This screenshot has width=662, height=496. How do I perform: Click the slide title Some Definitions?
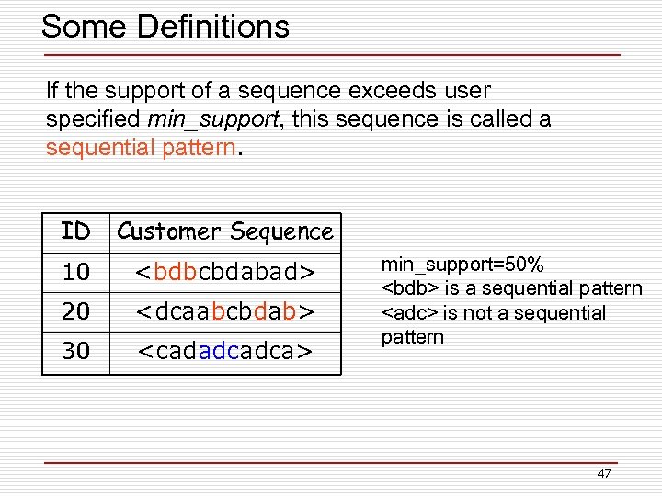pyautogui.click(x=165, y=27)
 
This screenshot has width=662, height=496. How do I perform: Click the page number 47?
pyautogui.click(x=603, y=473)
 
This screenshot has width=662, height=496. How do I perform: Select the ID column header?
pyautogui.click(x=75, y=231)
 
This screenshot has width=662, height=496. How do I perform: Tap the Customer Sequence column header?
pyautogui.click(x=225, y=231)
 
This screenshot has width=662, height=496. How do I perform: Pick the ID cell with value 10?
pyautogui.click(x=75, y=272)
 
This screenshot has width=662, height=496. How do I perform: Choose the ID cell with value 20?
pyautogui.click(x=75, y=311)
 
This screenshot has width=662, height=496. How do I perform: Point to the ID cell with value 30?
pyautogui.click(x=75, y=351)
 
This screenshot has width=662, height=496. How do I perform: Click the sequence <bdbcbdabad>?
pyautogui.click(x=225, y=272)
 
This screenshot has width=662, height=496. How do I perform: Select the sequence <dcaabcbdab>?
pyautogui.click(x=225, y=311)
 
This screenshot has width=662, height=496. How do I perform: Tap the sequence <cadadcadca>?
pyautogui.click(x=225, y=351)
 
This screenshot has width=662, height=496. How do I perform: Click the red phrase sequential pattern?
pyautogui.click(x=141, y=148)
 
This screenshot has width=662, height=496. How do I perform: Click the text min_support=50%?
pyautogui.click(x=450, y=265)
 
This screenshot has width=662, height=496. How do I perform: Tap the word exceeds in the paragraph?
pyautogui.click(x=384, y=91)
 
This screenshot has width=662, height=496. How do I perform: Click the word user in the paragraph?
pyautogui.click(x=468, y=91)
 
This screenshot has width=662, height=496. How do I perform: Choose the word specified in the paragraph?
pyautogui.click(x=92, y=119)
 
